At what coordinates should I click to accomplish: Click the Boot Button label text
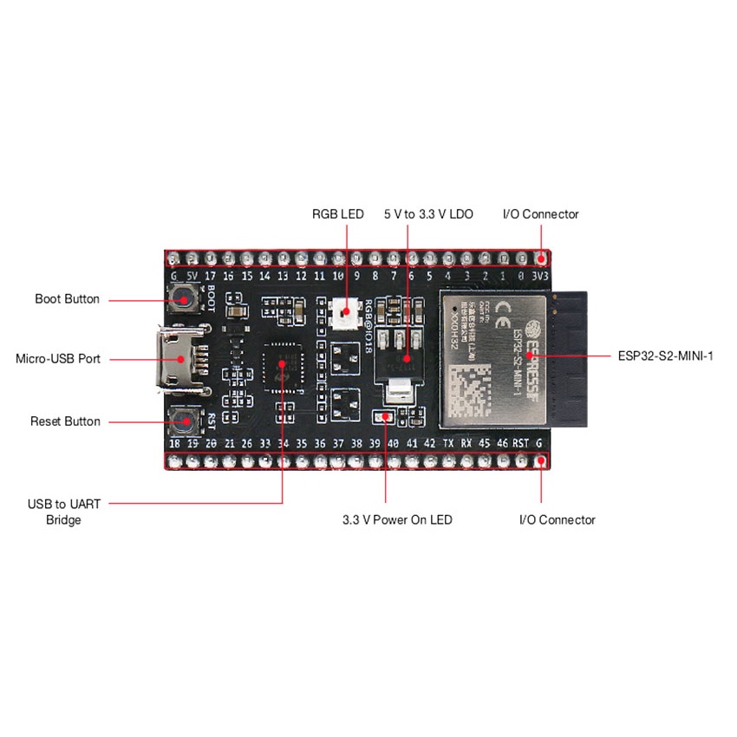(x=67, y=299)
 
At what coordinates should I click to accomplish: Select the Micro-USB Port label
(x=58, y=358)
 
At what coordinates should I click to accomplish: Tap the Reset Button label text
(x=65, y=421)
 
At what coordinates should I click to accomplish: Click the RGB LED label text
(x=339, y=213)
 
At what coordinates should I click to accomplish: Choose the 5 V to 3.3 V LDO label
(x=428, y=213)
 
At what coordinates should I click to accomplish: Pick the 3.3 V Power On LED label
(x=397, y=520)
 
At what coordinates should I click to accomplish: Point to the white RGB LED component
(x=346, y=311)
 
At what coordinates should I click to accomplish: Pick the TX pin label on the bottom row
(x=448, y=443)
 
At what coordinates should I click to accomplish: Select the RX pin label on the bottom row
(x=466, y=443)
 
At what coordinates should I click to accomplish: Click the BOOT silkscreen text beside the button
(x=210, y=299)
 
